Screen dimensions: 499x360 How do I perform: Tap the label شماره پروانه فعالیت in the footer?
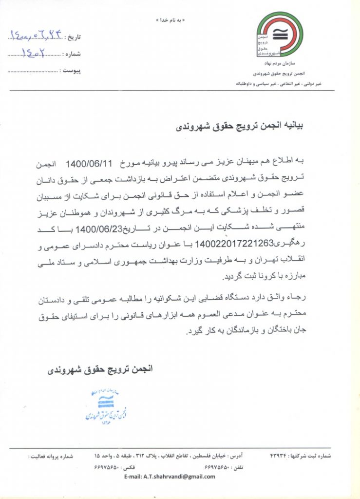click(50, 456)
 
